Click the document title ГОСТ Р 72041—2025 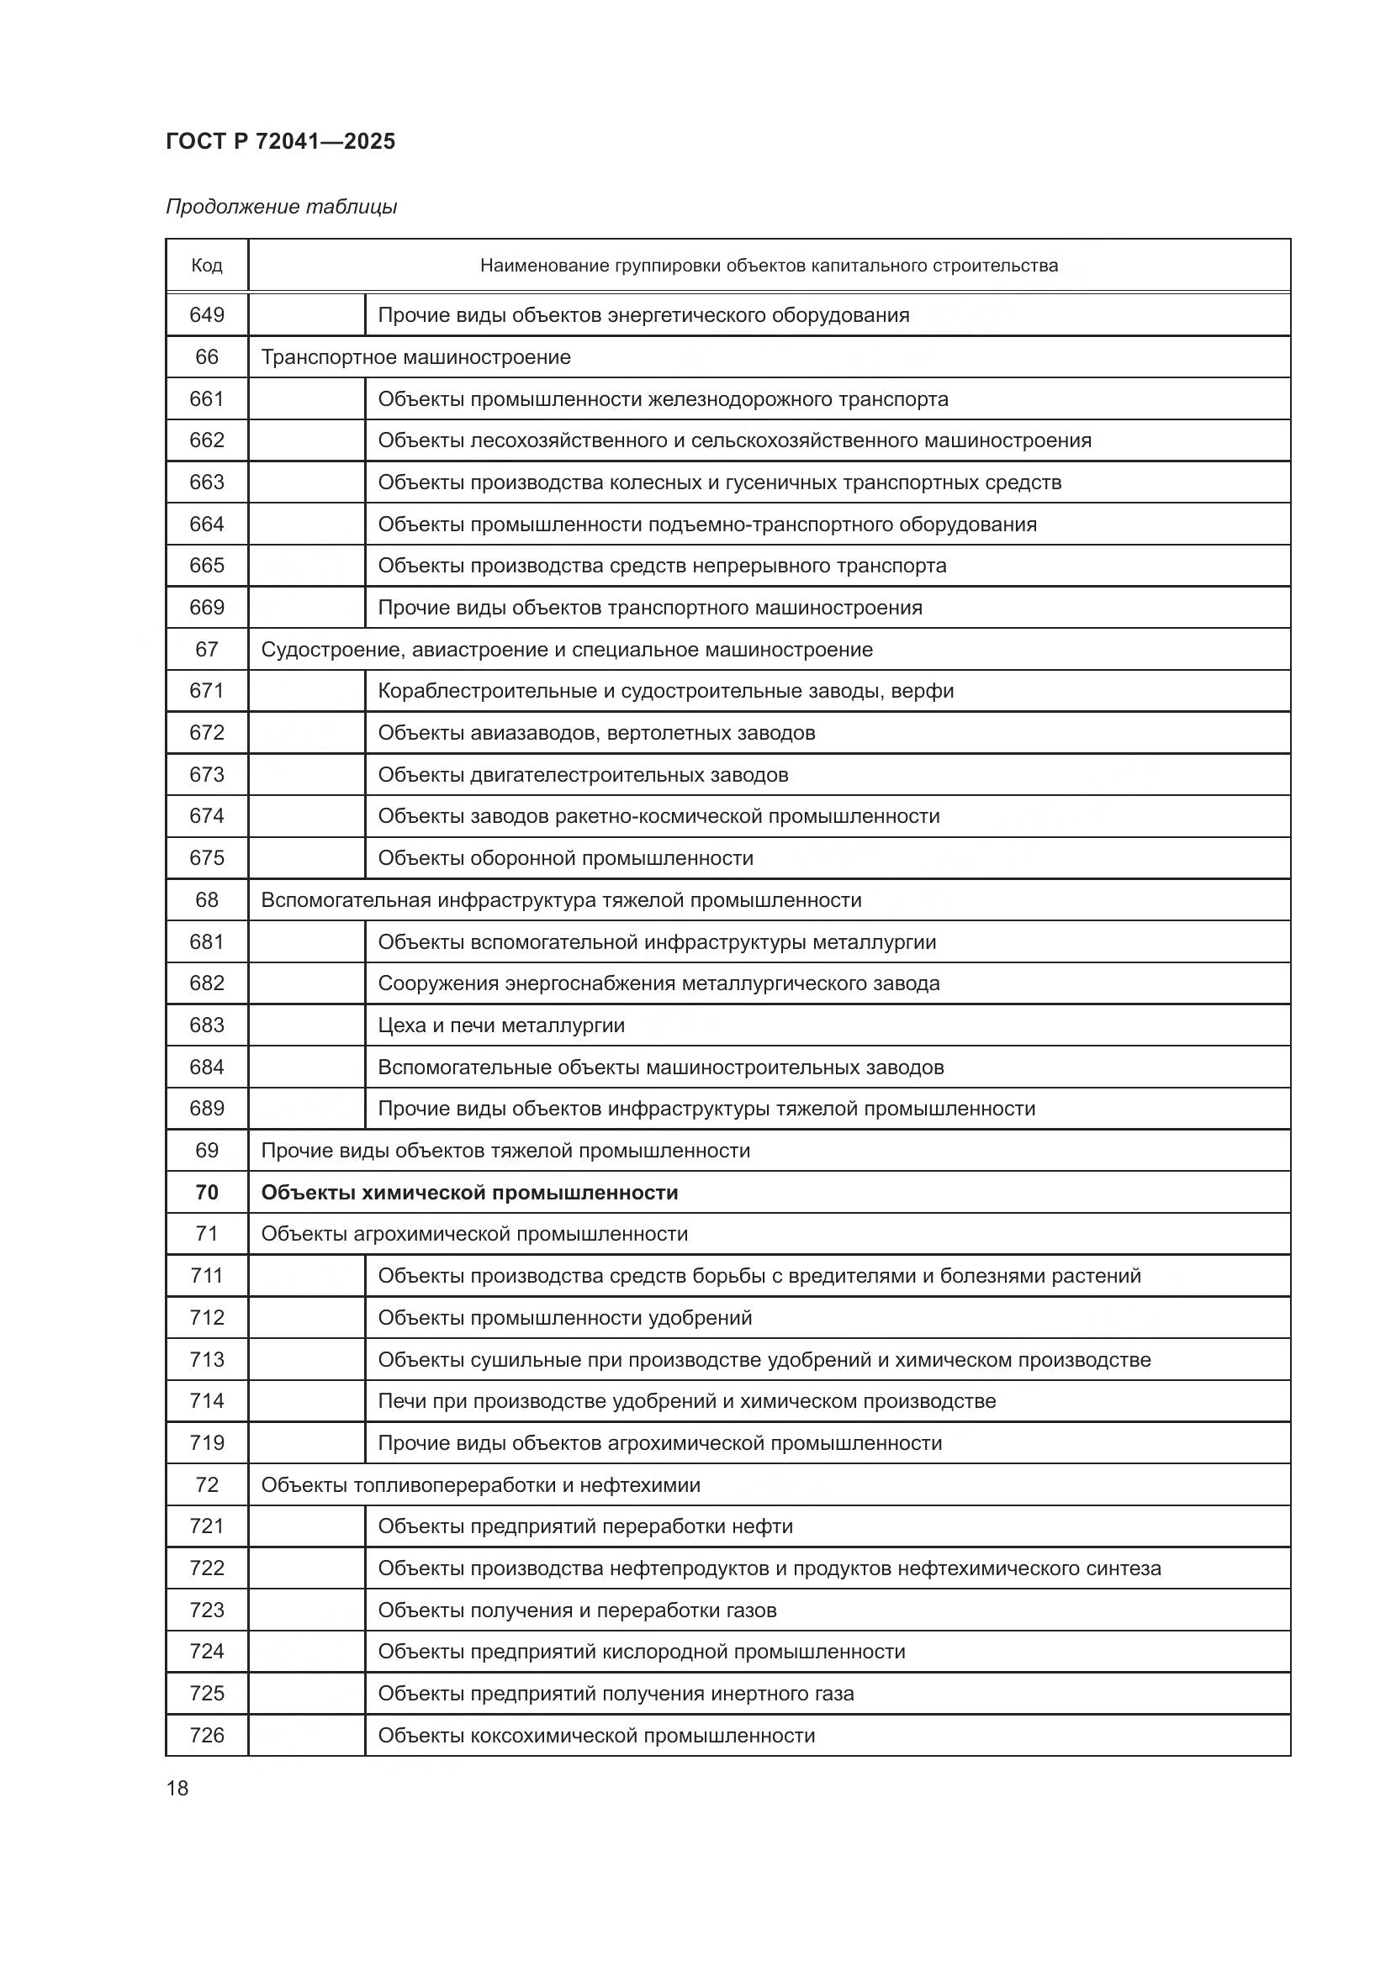280,141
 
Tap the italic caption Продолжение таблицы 281,208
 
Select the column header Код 206,266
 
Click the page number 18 177,1788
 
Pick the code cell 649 206,315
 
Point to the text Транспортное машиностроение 415,357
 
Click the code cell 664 206,524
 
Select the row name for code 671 665,691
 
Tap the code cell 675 206,858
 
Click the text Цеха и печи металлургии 501,1025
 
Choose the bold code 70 206,1193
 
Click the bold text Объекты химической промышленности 469,1193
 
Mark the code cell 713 206,1360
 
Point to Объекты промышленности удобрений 564,1318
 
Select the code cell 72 206,1484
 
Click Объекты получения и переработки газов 577,1610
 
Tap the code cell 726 206,1736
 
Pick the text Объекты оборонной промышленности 565,858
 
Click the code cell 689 206,1109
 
